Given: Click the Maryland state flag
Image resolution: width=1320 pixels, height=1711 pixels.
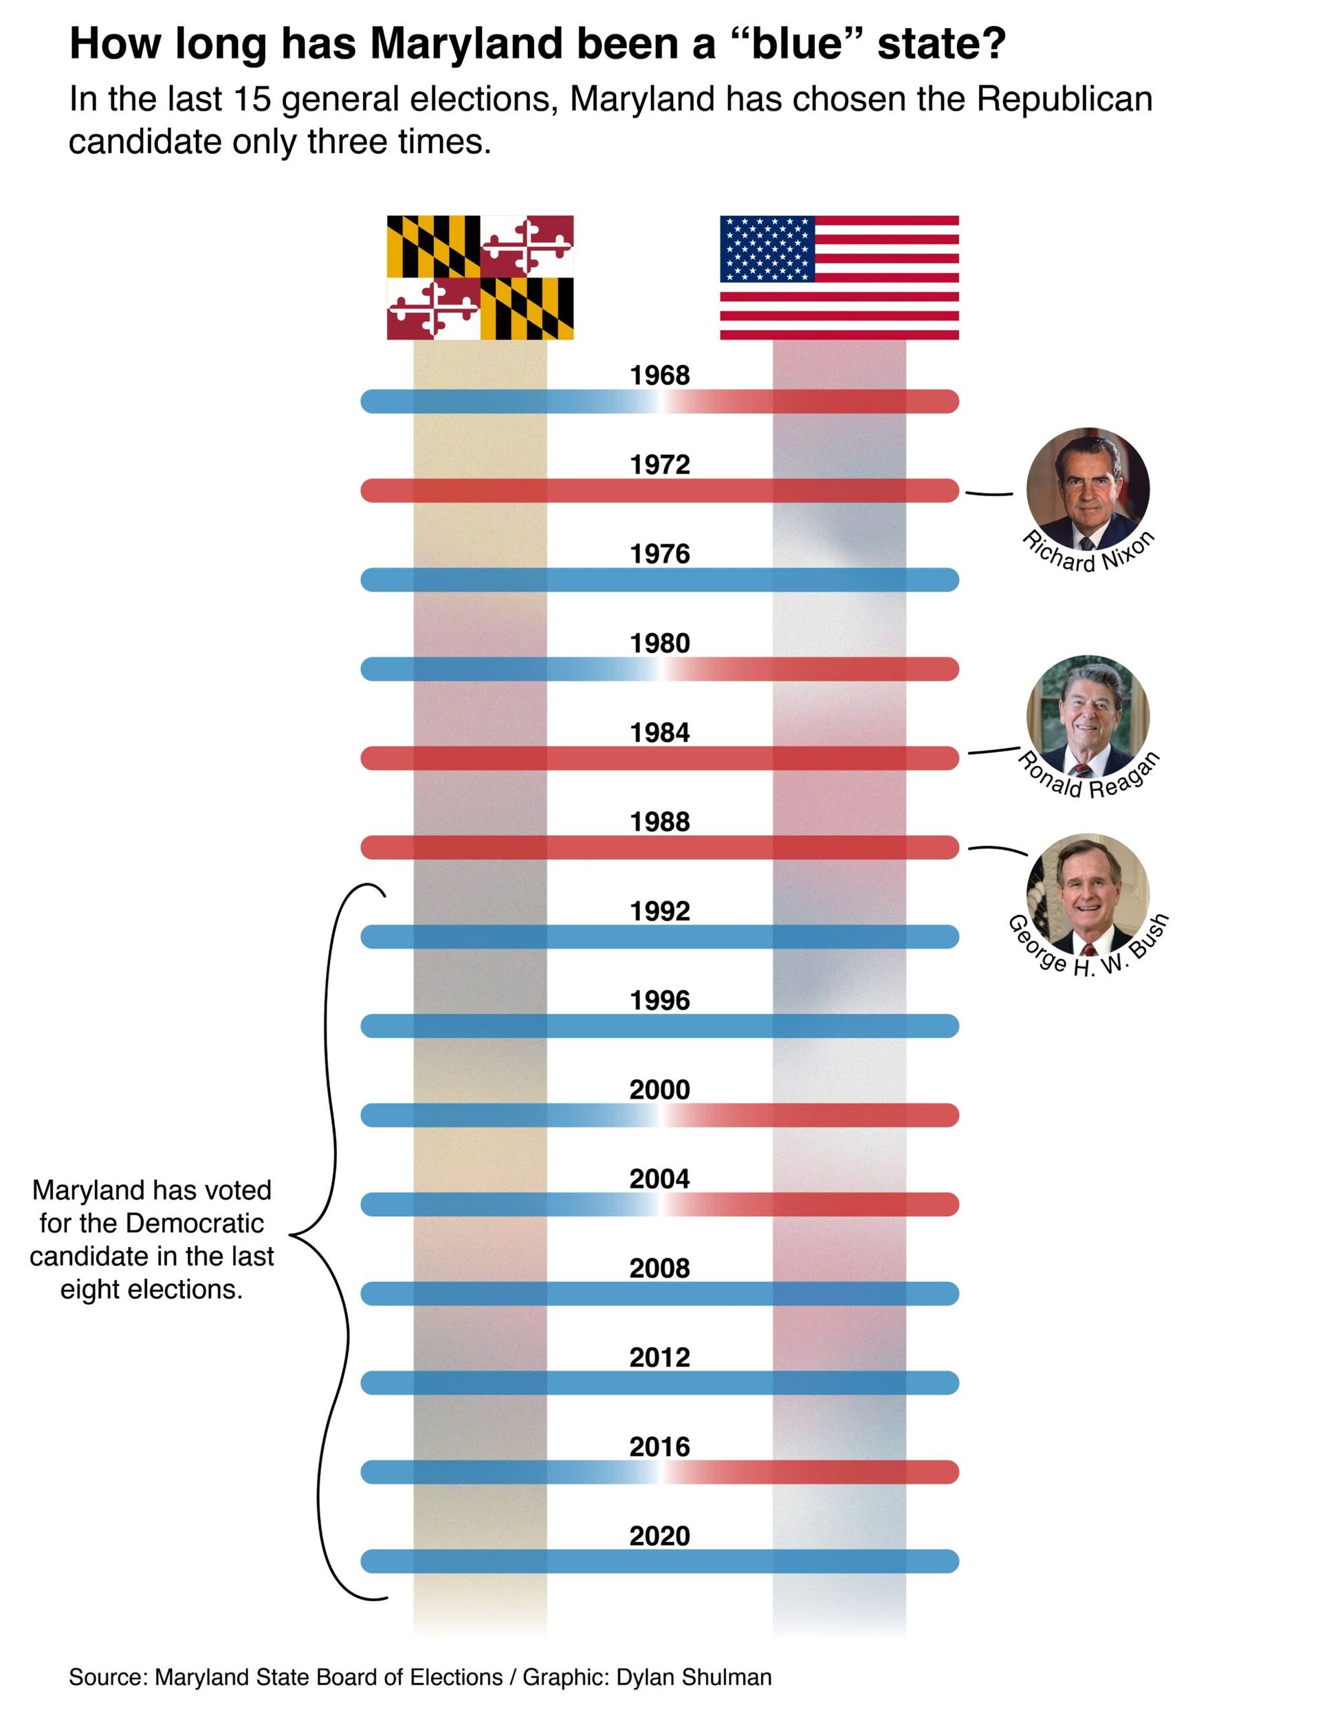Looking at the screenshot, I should (479, 277).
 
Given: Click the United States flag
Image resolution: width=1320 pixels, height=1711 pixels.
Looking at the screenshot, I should (839, 277).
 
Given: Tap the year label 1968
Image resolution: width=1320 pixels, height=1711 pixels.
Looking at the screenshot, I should (659, 375).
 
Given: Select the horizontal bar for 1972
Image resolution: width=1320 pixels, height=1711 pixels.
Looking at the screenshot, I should (659, 490).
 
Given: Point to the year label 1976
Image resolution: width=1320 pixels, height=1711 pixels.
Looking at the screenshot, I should (659, 554).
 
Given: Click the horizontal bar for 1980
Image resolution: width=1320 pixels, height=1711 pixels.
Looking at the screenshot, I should (659, 669).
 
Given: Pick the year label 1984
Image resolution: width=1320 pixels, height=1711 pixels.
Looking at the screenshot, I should (659, 733).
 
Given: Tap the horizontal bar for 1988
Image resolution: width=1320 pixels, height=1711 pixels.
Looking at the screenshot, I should (659, 847).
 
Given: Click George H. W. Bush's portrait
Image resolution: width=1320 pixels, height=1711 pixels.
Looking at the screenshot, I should (1088, 894).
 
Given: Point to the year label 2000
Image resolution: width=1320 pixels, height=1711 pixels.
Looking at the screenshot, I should (659, 1090).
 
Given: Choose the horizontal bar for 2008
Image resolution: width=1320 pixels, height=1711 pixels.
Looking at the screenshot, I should (659, 1294).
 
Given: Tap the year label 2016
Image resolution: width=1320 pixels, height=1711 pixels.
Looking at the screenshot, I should (659, 1447).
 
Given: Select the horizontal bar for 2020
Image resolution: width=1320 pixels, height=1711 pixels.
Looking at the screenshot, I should (659, 1561).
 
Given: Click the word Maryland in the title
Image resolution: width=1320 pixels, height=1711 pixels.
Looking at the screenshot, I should (466, 43).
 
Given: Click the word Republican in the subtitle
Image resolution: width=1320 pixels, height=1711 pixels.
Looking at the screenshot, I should (1064, 100).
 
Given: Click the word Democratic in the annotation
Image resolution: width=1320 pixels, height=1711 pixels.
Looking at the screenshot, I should (195, 1223).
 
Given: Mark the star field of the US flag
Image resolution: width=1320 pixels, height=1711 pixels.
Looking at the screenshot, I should (767, 248).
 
